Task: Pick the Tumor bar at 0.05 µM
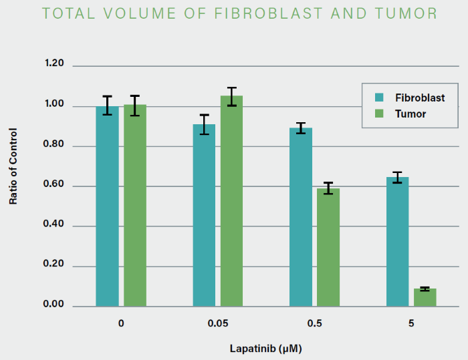pos(232,200)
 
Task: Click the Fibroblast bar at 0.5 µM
pos(301,216)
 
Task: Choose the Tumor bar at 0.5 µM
pos(328,247)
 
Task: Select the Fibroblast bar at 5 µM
pos(398,241)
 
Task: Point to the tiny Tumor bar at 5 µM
pos(425,298)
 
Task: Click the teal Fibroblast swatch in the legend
pos(379,98)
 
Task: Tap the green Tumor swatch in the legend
pos(379,114)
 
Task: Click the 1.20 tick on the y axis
pos(54,64)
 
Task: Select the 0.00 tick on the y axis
pos(54,305)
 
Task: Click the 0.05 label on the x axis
pos(217,324)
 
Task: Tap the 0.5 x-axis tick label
pos(314,324)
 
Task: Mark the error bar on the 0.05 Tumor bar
pos(232,96)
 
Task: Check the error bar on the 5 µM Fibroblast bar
pos(398,177)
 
